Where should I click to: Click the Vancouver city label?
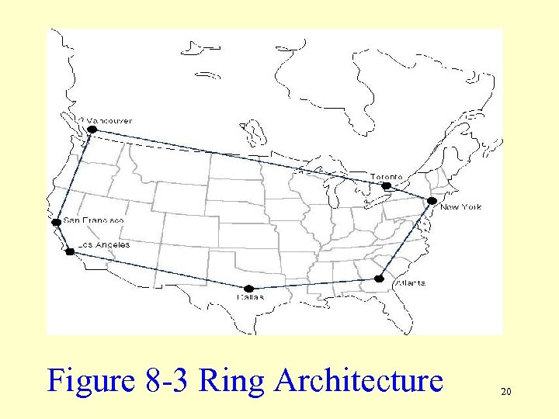(x=109, y=120)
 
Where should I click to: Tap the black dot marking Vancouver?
(x=92, y=130)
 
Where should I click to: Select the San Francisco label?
(x=93, y=220)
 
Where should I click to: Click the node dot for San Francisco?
(x=56, y=223)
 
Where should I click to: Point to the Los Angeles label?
(x=103, y=244)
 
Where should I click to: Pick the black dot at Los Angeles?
(x=70, y=251)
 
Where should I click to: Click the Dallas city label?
(x=250, y=296)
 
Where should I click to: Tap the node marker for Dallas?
(x=248, y=289)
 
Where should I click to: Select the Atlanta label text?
(x=410, y=283)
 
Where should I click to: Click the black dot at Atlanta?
(x=379, y=278)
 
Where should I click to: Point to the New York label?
(x=460, y=206)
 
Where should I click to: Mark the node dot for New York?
(x=432, y=200)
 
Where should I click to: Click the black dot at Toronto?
(x=387, y=185)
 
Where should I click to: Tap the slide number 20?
(x=505, y=393)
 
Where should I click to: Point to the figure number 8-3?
(x=166, y=381)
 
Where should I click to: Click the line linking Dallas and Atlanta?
(x=314, y=283)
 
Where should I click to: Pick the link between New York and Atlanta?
(x=405, y=239)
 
